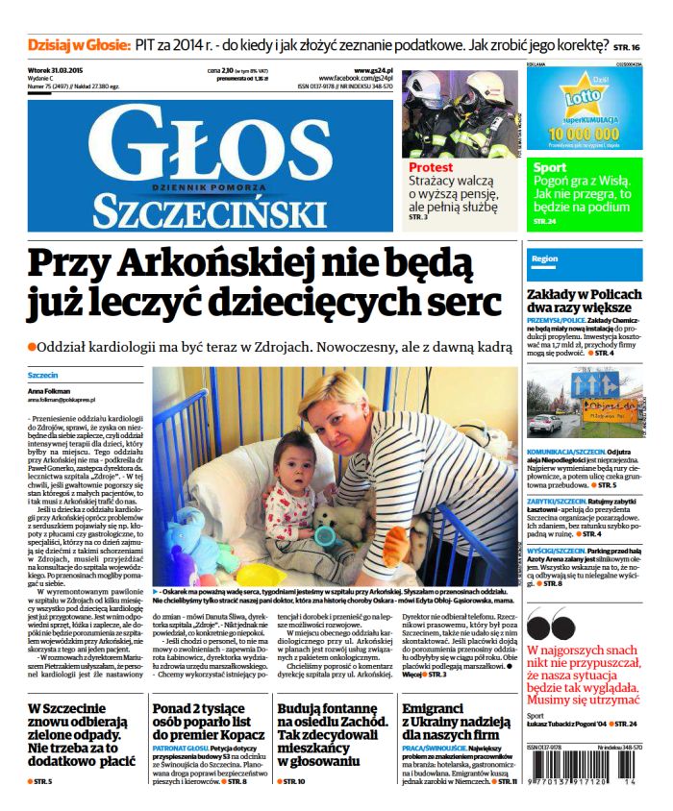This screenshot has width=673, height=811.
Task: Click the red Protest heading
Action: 430,167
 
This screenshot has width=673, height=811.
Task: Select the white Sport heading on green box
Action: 551,168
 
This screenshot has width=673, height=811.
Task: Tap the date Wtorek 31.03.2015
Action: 62,70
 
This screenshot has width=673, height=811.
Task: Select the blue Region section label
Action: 544,258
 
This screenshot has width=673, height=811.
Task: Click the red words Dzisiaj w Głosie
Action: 80,44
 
